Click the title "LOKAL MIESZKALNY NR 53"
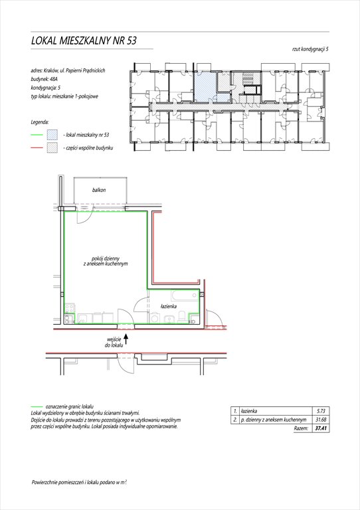click(84, 41)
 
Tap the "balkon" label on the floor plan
click(99, 190)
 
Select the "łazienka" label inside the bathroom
click(169, 306)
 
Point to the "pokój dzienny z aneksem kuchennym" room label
click(106, 261)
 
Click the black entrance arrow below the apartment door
click(126, 339)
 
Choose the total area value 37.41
click(321, 428)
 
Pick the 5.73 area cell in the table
click(321, 411)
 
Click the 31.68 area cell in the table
click(321, 420)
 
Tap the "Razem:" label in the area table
click(301, 428)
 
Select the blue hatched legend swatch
click(52, 134)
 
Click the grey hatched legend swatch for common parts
click(52, 147)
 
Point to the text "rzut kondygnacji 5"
click(310, 49)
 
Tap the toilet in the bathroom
click(183, 317)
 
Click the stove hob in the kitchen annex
click(70, 307)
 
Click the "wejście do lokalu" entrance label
click(114, 343)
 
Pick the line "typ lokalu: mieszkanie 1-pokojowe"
click(64, 96)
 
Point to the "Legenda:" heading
click(40, 122)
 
